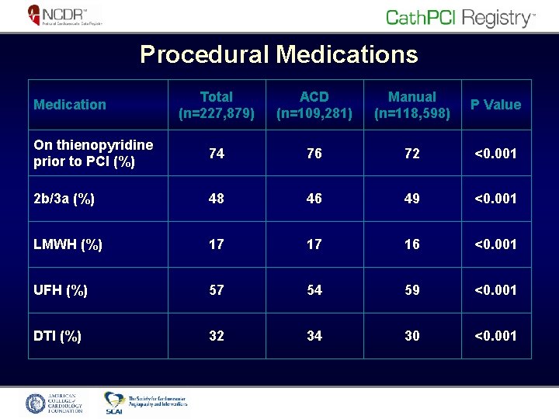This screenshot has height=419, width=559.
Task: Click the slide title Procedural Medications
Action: pyautogui.click(x=279, y=54)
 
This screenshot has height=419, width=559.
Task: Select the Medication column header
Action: pyautogui.click(x=70, y=105)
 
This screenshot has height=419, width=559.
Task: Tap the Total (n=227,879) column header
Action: pyautogui.click(x=216, y=105)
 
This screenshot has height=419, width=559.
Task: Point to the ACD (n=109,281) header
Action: pyautogui.click(x=314, y=105)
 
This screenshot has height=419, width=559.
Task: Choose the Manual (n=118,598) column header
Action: pyautogui.click(x=411, y=105)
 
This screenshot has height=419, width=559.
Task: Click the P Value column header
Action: pyautogui.click(x=495, y=105)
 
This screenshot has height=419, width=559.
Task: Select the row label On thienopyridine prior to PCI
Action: pyautogui.click(x=82, y=154)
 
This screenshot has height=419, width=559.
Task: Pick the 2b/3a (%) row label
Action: pyautogui.click(x=64, y=199)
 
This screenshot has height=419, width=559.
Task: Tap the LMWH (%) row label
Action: pyautogui.click(x=68, y=244)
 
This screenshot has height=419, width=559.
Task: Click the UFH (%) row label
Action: pyautogui.click(x=61, y=290)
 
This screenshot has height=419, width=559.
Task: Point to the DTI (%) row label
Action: pyautogui.click(x=58, y=336)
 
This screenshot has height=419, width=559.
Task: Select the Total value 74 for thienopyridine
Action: pyautogui.click(x=216, y=154)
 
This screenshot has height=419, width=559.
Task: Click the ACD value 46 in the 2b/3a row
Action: pyautogui.click(x=314, y=199)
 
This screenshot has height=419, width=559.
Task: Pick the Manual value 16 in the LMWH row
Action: pyautogui.click(x=411, y=244)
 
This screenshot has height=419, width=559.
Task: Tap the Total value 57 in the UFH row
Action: pyautogui.click(x=216, y=290)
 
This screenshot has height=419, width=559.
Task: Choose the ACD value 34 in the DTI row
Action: pyautogui.click(x=314, y=336)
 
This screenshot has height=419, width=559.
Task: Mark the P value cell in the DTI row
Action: pyautogui.click(x=495, y=336)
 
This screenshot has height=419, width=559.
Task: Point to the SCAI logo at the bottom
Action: pyautogui.click(x=146, y=401)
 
